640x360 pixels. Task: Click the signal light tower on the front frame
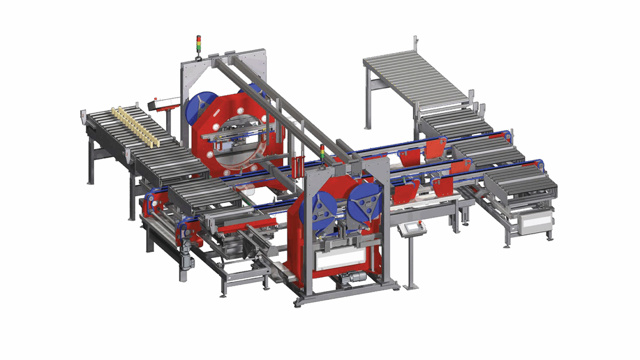click(322, 151)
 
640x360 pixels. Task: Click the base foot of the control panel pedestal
click(411, 287)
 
